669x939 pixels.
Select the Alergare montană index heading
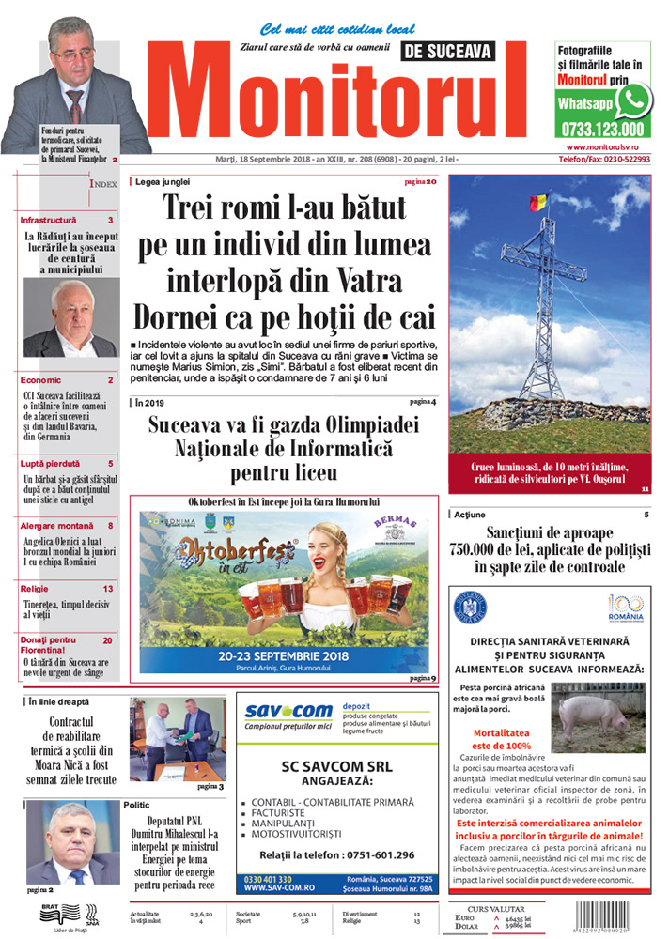click(57, 526)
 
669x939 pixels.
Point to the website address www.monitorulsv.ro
click(602, 147)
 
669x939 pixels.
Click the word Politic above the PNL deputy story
click(136, 805)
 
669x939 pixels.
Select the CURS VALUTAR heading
click(499, 907)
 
